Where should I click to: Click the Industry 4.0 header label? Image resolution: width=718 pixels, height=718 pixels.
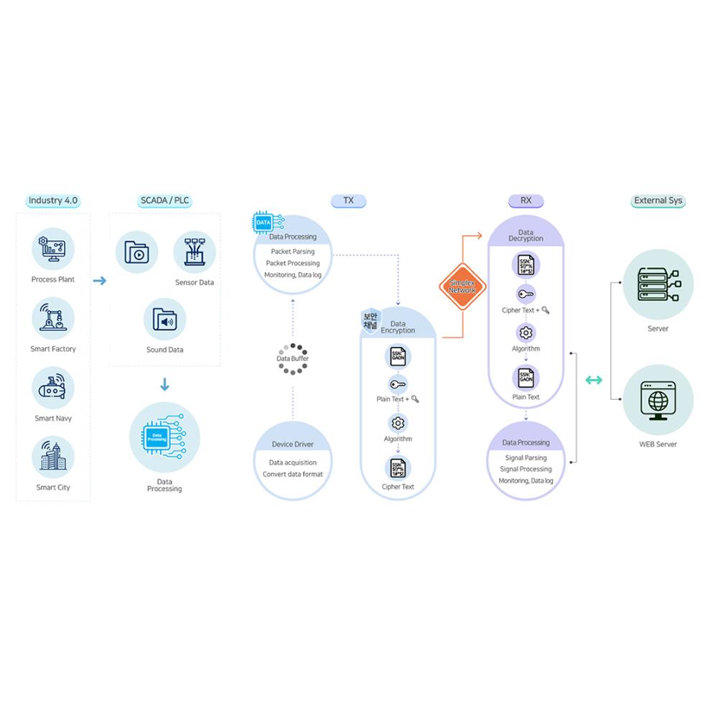(x=53, y=201)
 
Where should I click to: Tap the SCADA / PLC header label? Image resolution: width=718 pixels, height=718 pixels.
(x=164, y=201)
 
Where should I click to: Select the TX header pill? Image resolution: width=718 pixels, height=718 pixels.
(x=348, y=201)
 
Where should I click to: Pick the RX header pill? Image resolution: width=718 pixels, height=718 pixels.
(x=526, y=201)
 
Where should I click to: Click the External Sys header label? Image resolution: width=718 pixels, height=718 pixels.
(x=658, y=201)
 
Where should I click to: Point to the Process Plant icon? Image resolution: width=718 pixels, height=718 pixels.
(x=53, y=249)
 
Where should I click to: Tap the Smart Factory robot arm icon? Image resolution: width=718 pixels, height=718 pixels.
(x=53, y=318)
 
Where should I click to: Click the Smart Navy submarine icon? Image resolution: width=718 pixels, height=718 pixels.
(x=53, y=388)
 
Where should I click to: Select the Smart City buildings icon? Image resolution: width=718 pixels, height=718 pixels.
(x=53, y=457)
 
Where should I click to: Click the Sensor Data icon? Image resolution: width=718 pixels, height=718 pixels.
(x=195, y=252)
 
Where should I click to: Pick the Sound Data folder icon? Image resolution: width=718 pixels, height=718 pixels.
(x=164, y=320)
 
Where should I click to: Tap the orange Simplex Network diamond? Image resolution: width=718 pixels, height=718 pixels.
(x=462, y=286)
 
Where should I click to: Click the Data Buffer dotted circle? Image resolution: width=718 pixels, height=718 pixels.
(x=292, y=358)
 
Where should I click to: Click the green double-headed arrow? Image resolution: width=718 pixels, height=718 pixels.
(x=594, y=380)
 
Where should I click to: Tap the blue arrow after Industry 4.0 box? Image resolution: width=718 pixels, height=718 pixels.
(x=100, y=281)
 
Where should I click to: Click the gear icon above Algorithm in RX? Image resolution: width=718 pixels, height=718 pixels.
(x=526, y=332)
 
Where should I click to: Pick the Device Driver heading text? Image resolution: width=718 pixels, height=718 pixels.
(x=292, y=444)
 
